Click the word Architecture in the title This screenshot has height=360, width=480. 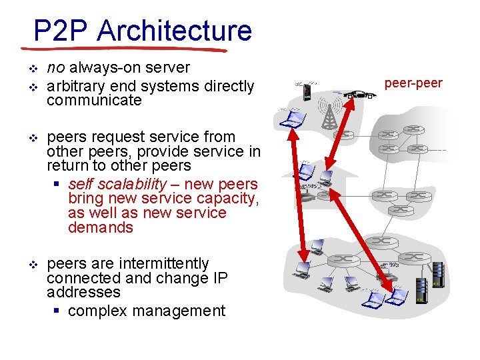[x=174, y=31]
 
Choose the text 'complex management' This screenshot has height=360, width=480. [x=147, y=311]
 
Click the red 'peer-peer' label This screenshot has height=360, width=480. [x=413, y=83]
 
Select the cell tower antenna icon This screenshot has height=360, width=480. [x=328, y=113]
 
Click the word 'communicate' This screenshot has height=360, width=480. [x=94, y=101]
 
